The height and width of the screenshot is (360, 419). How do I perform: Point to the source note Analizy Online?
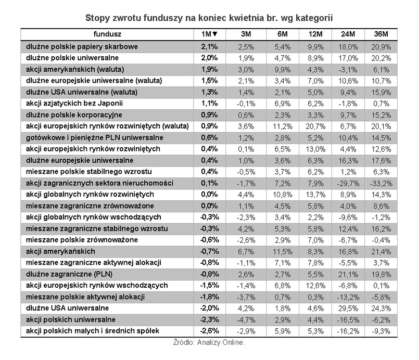pos(209,343)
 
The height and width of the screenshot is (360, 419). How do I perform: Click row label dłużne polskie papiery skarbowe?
pos(81,46)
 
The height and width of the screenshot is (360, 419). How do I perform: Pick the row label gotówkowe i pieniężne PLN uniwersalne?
pos(89,137)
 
